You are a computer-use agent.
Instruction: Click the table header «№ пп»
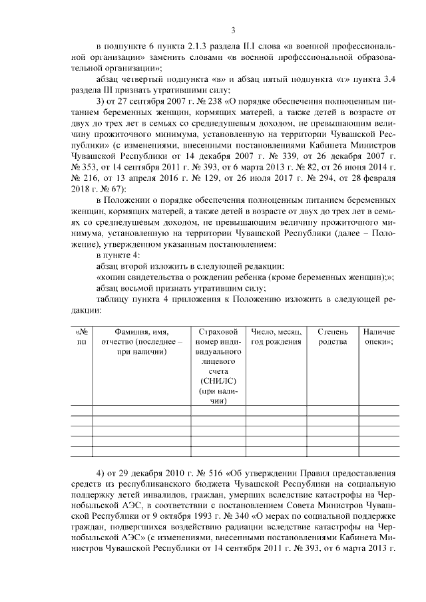82,337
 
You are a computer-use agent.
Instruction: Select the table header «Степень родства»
333,337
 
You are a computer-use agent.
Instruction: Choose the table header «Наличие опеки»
379,337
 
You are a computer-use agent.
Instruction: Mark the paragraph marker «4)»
101,473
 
